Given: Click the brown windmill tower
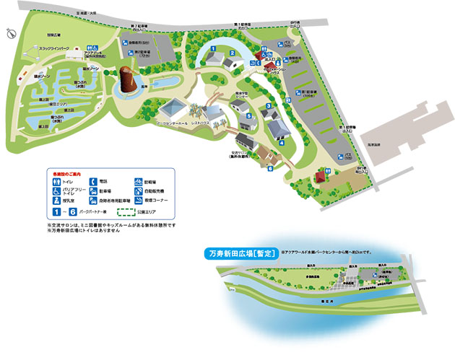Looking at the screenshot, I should [x=127, y=81].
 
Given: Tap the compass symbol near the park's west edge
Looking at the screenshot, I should [x=10, y=32].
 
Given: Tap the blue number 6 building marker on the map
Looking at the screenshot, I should [x=269, y=168].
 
